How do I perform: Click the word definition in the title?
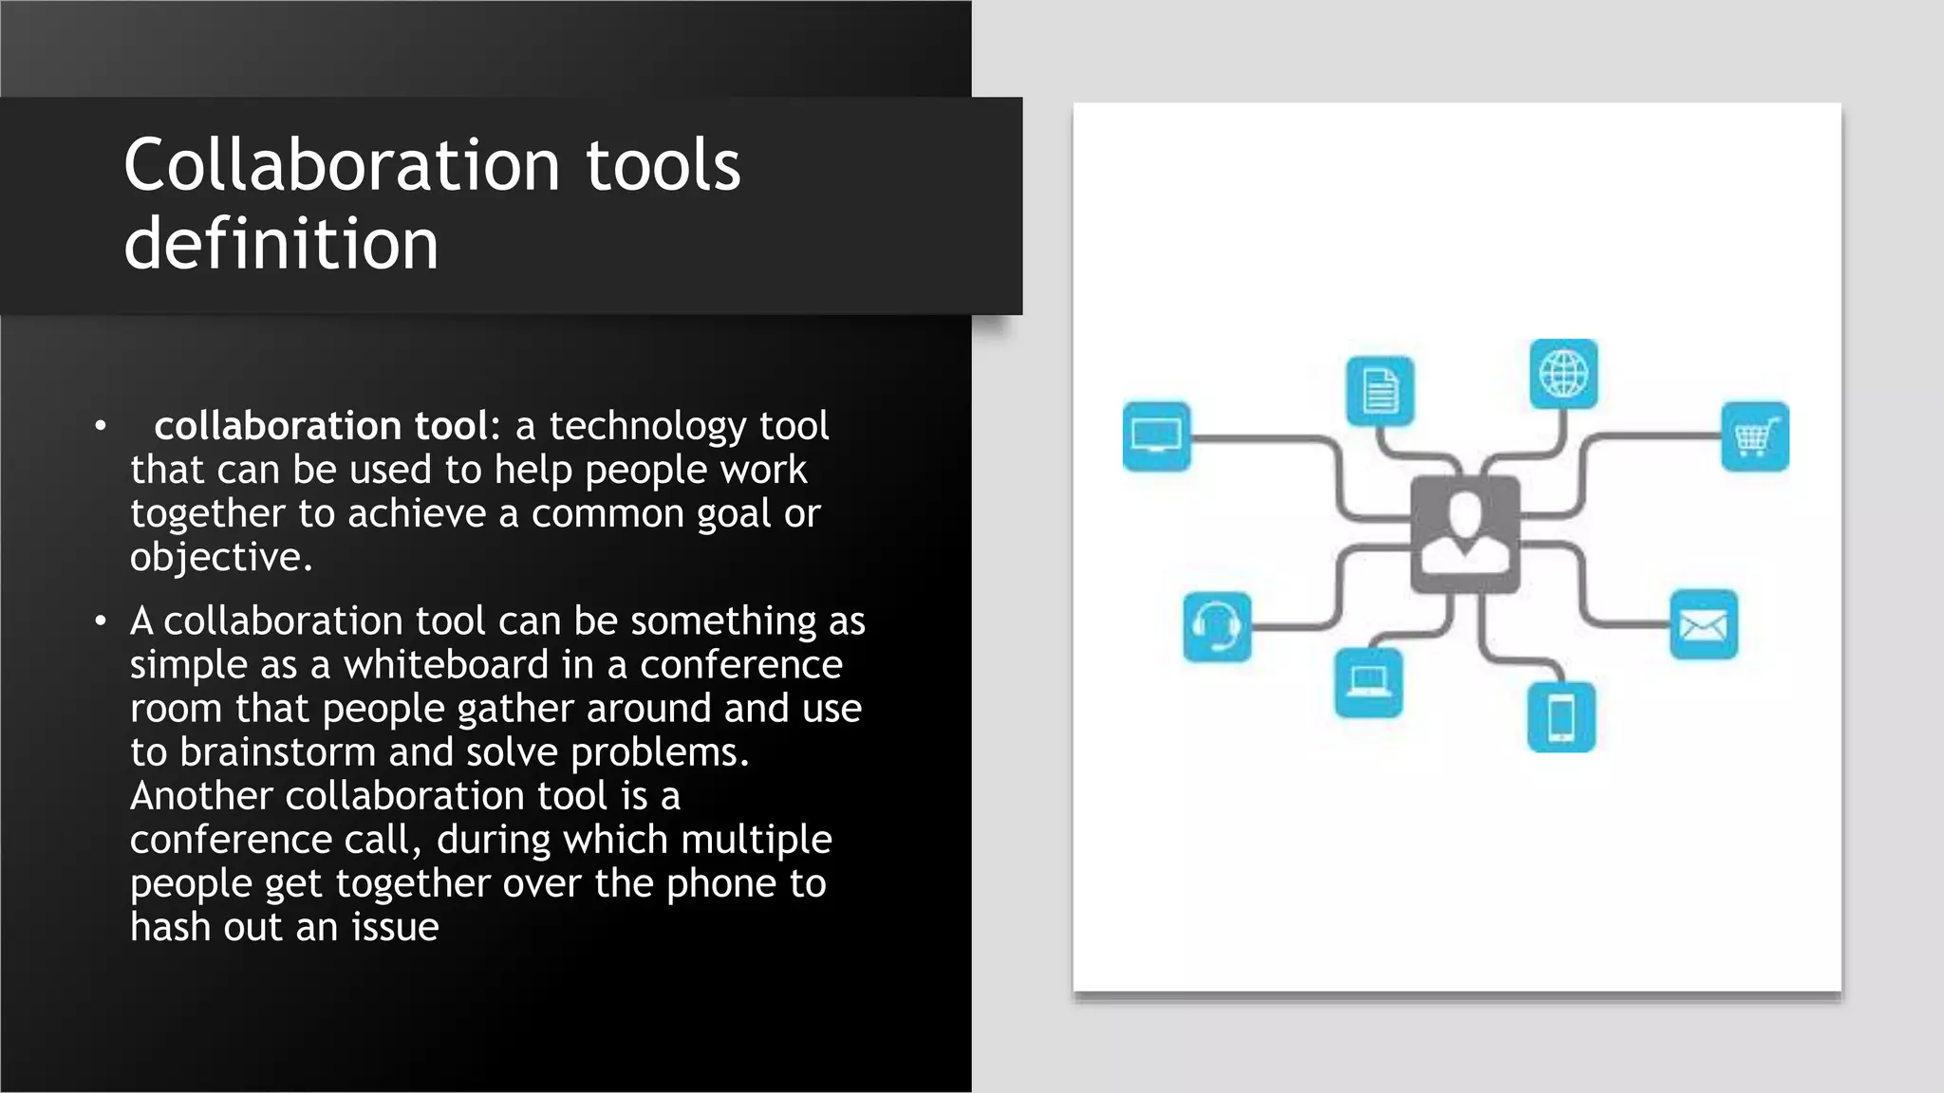point(281,244)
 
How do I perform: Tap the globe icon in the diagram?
point(1563,373)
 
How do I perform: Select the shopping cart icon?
point(1754,436)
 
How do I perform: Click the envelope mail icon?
point(1703,624)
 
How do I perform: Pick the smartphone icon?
point(1561,716)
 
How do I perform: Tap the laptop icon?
point(1368,682)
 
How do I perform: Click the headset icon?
point(1217,626)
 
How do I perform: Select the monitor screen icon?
point(1156,436)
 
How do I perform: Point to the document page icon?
point(1379,391)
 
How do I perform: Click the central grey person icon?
point(1465,534)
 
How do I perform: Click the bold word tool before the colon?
point(451,426)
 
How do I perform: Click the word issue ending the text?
point(395,927)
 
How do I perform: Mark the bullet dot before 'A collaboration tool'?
point(101,621)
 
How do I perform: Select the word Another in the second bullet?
point(201,796)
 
